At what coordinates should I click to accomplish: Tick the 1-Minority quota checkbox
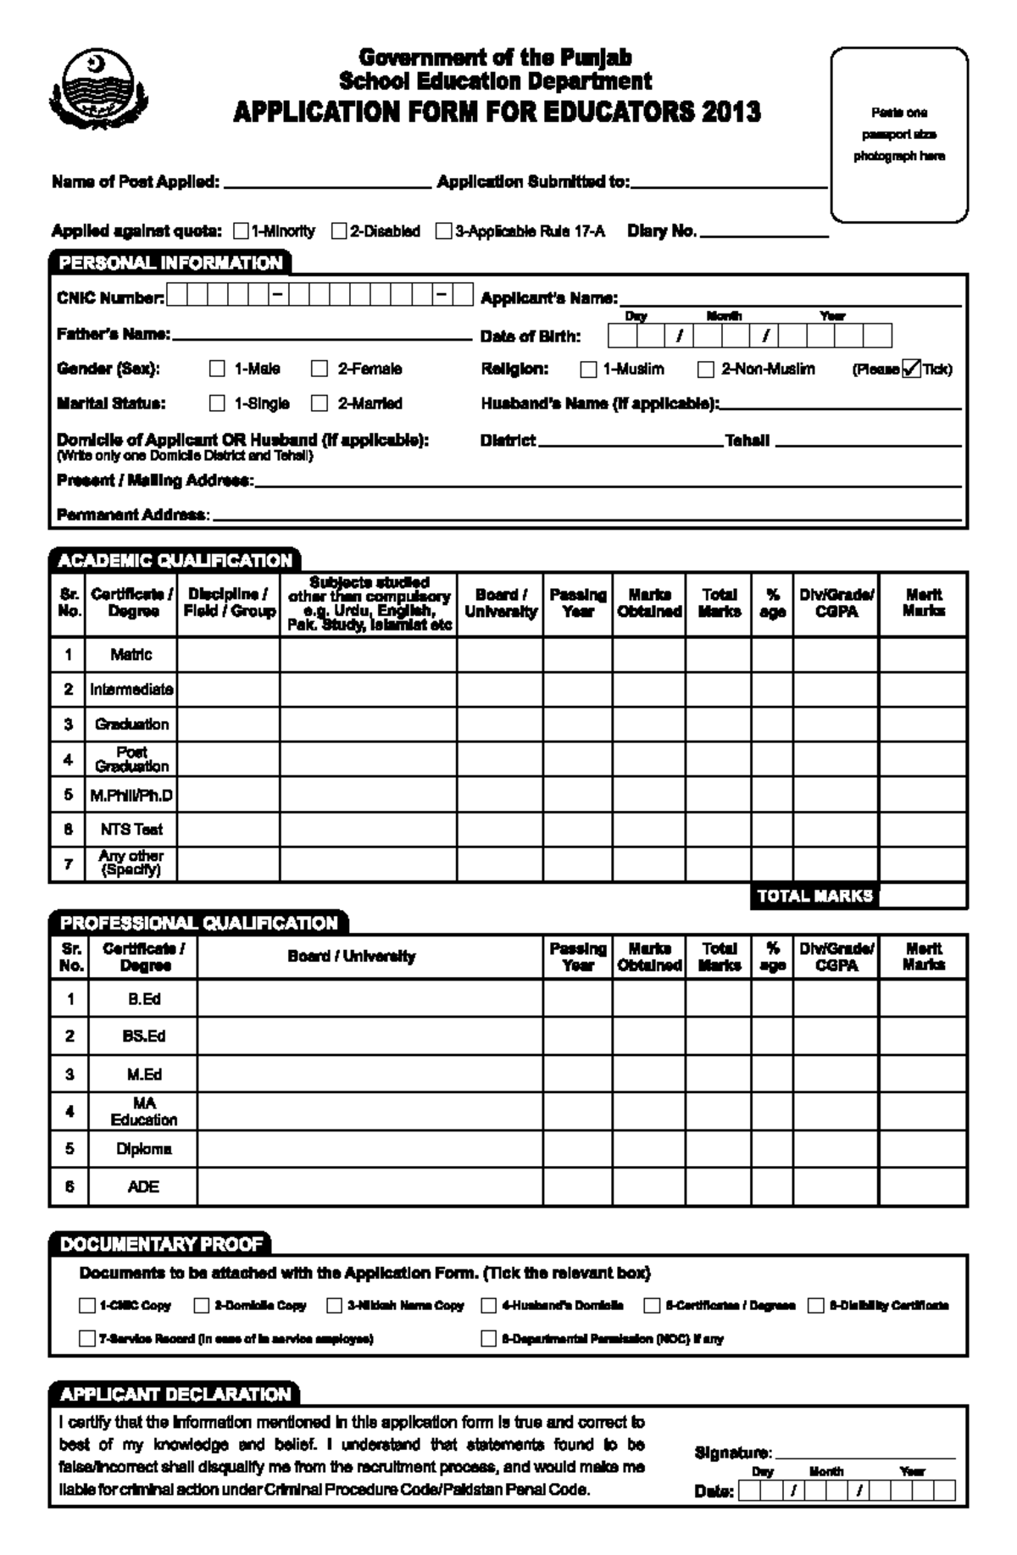point(241,230)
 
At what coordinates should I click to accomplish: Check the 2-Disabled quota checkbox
point(339,230)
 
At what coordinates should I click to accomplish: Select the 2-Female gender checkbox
point(320,369)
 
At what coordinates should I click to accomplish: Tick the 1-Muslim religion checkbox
point(588,369)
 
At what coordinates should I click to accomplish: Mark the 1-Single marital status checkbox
point(218,403)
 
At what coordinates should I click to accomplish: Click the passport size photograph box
point(899,135)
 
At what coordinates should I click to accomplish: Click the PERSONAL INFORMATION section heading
point(170,263)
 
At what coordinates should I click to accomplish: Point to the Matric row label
point(131,654)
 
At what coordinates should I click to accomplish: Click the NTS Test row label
point(131,829)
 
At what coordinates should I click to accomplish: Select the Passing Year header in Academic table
point(578,603)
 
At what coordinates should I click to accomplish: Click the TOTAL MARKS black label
point(814,896)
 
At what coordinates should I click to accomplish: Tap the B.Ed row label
point(144,999)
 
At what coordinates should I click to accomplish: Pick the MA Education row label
point(144,1111)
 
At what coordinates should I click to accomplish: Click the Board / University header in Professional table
point(352,956)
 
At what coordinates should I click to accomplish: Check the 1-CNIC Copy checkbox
point(86,1305)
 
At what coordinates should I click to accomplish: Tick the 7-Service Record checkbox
point(86,1338)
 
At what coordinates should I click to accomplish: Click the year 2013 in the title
point(730,112)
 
